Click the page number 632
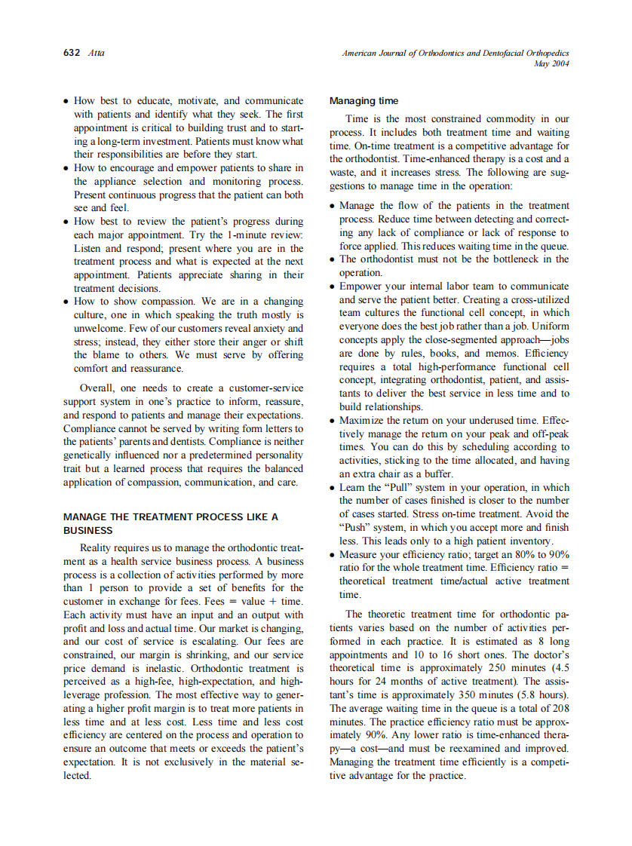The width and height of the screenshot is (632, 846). point(72,54)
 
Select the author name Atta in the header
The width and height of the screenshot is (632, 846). point(97,54)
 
